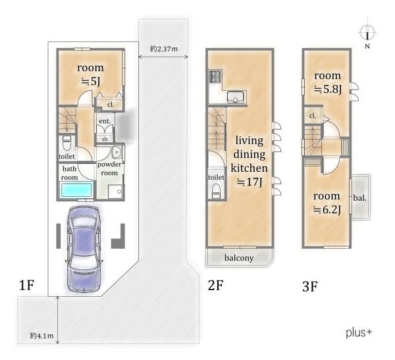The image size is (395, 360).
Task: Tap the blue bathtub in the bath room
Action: (76, 190)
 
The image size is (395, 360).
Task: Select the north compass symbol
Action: (367, 33)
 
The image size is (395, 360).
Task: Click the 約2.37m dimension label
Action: (164, 49)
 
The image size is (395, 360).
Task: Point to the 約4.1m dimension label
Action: (41, 336)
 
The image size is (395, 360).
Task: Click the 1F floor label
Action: (26, 285)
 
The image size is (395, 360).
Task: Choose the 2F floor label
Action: (216, 285)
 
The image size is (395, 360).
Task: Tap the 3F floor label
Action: (310, 286)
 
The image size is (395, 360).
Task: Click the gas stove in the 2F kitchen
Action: (216, 76)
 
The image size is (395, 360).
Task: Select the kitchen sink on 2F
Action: (236, 97)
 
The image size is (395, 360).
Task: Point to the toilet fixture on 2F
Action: (217, 191)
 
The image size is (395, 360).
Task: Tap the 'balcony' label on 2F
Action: (239, 258)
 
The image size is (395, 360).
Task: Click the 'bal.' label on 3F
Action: (359, 198)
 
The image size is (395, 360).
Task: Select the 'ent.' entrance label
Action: (105, 121)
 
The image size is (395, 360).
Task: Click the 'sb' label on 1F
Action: (105, 139)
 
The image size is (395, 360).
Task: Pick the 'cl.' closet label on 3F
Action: (312, 116)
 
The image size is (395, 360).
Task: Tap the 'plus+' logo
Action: (359, 332)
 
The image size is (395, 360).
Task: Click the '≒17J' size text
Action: (250, 182)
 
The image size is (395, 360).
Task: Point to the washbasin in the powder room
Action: (117, 153)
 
